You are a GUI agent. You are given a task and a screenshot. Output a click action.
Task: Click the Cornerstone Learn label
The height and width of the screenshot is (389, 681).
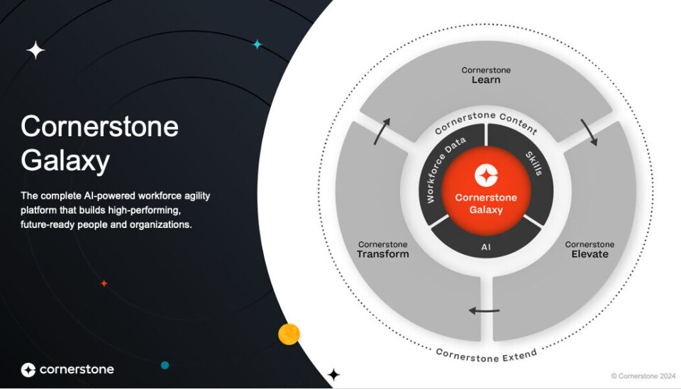[486, 75]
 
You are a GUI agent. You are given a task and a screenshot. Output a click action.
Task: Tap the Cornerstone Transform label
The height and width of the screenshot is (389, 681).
[382, 249]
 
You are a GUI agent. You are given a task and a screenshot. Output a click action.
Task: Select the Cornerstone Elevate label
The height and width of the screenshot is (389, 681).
[589, 249]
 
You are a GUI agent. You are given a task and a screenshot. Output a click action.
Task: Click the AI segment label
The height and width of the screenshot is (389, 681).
[485, 247]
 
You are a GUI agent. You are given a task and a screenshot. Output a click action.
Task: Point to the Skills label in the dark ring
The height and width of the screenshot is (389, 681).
[534, 163]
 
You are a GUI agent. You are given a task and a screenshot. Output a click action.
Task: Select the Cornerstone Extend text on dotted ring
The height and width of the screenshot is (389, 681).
[486, 356]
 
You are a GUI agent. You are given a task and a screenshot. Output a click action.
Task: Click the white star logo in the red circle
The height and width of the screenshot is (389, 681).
[486, 175]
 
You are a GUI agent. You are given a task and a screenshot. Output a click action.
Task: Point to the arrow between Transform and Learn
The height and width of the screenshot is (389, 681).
[381, 131]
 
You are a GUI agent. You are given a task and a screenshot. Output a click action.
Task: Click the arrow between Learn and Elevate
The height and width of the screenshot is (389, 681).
[589, 132]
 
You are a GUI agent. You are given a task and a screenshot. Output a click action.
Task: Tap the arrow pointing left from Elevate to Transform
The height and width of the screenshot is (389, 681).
[484, 311]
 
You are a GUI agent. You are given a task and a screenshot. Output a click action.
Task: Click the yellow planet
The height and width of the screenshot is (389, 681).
[289, 334]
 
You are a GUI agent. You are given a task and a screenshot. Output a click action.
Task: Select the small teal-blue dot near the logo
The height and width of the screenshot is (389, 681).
[165, 365]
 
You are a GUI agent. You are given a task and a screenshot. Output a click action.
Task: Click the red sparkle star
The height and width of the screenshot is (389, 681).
[104, 283]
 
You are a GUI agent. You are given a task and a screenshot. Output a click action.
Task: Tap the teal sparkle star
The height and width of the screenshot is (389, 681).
[258, 44]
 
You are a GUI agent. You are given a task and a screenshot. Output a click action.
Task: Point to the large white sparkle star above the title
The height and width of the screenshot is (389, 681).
[35, 50]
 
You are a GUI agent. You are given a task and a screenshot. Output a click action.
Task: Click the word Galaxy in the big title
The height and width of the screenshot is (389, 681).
[65, 161]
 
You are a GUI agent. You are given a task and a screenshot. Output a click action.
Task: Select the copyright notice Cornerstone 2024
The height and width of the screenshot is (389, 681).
[643, 376]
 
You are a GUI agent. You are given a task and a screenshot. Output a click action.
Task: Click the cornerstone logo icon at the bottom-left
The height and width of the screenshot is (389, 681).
[28, 369]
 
